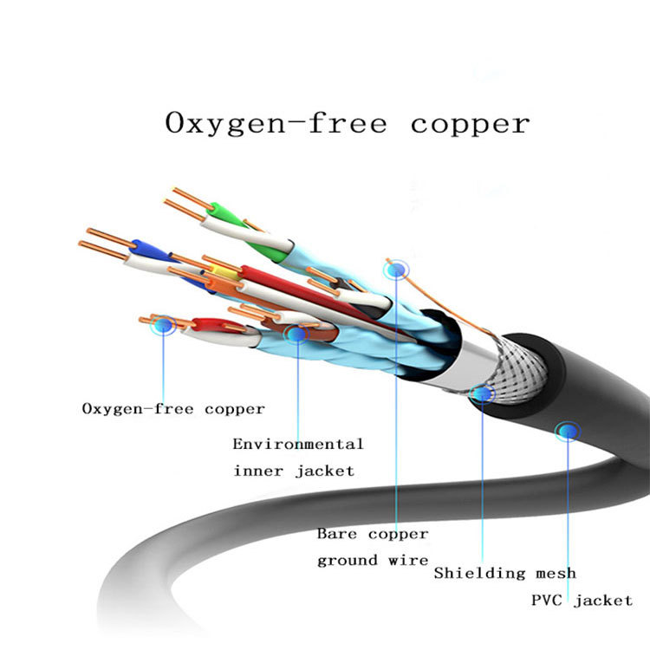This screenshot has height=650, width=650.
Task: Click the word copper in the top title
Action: [470, 123]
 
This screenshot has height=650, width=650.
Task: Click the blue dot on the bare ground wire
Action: [396, 270]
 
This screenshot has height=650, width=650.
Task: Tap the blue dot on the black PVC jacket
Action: [568, 430]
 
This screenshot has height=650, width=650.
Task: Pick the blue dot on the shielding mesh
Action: [482, 394]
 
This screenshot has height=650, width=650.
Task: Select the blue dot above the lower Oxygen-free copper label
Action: [163, 326]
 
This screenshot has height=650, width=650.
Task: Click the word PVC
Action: [547, 600]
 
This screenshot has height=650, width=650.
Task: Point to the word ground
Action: [347, 560]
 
